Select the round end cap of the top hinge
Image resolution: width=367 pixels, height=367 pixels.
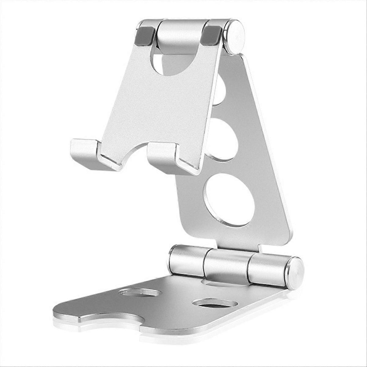[x=235, y=36]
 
